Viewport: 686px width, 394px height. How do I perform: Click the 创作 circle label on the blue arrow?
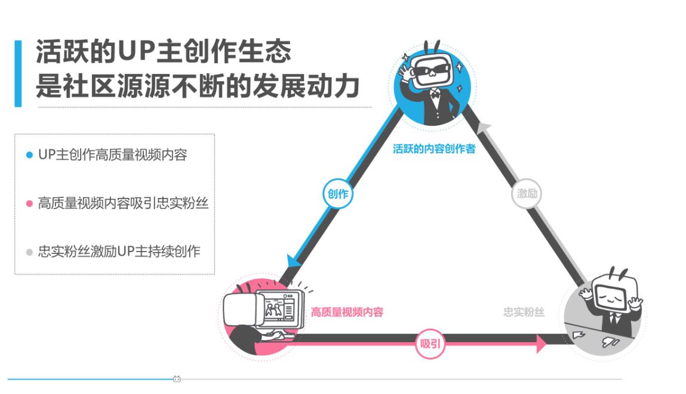[x=338, y=194]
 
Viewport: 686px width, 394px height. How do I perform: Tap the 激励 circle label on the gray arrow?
[x=527, y=194]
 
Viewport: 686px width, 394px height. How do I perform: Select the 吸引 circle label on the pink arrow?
[x=430, y=344]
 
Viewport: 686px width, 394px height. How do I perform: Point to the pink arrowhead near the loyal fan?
[x=542, y=344]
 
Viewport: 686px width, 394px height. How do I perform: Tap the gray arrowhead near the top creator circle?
[x=484, y=127]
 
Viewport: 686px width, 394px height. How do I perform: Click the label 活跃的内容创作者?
[x=434, y=149]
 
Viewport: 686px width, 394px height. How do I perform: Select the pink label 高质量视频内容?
[x=347, y=312]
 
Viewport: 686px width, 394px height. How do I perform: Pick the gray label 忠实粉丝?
[x=524, y=312]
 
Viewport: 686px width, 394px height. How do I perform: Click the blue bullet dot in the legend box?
[x=29, y=155]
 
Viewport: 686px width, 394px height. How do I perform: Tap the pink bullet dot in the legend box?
[x=29, y=203]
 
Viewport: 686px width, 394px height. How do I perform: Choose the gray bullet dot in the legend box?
[x=29, y=252]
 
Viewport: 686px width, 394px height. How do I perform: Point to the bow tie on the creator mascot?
[x=435, y=93]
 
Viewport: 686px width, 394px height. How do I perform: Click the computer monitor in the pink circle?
[x=280, y=309]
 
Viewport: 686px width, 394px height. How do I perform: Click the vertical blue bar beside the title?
[x=18, y=73]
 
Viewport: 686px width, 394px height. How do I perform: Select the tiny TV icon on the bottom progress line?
[x=177, y=379]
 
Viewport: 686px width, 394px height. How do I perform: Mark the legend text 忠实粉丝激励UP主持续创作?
[x=119, y=252]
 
